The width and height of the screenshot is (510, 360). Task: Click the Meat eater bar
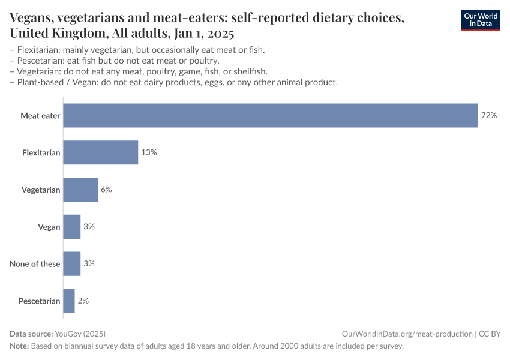pyautogui.click(x=271, y=115)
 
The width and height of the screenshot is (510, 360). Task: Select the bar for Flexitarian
pyautogui.click(x=101, y=152)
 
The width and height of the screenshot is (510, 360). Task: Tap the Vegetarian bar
pyautogui.click(x=80, y=190)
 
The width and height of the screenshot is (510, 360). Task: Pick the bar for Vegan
pyautogui.click(x=72, y=227)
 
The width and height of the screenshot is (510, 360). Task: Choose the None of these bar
pyautogui.click(x=72, y=263)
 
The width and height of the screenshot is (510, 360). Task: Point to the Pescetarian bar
pyautogui.click(x=69, y=301)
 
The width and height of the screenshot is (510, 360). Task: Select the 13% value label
pyautogui.click(x=149, y=152)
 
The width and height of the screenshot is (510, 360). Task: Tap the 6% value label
pyautogui.click(x=106, y=190)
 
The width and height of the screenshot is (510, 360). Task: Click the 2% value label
pyautogui.click(x=83, y=301)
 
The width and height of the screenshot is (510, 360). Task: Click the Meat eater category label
pyautogui.click(x=40, y=115)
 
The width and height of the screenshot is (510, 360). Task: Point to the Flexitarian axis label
pyautogui.click(x=41, y=152)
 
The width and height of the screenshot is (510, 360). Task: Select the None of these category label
pyautogui.click(x=35, y=263)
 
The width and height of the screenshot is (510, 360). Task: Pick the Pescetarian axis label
pyautogui.click(x=40, y=301)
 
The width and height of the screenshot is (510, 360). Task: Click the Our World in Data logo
pyautogui.click(x=480, y=20)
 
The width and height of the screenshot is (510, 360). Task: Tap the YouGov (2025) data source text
pyautogui.click(x=80, y=334)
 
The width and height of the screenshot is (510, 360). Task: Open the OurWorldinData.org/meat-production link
pyautogui.click(x=406, y=334)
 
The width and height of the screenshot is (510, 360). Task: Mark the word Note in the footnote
pyautogui.click(x=19, y=346)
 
